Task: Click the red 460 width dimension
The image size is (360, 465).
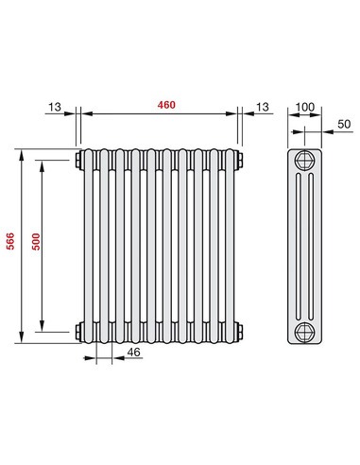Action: coord(158,102)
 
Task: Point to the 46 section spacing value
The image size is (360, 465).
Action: coord(133,353)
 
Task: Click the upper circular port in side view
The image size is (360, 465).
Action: coord(304,159)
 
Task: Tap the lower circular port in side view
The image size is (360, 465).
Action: coord(304,331)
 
